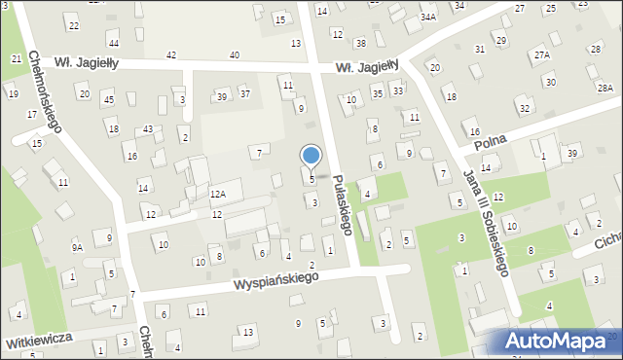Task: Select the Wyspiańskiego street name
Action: pyautogui.click(x=276, y=279)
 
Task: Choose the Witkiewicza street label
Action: pyautogui.click(x=39, y=344)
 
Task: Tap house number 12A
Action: pyautogui.click(x=218, y=195)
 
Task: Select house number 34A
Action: pyautogui.click(x=428, y=18)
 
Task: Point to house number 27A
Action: pyautogui.click(x=541, y=55)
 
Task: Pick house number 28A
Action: pyautogui.click(x=605, y=89)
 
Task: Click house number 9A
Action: pyautogui.click(x=77, y=248)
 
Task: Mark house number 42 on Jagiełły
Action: pyautogui.click(x=171, y=55)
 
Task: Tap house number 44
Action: pyautogui.click(x=114, y=44)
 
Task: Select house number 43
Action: pyautogui.click(x=147, y=129)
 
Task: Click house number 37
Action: pyautogui.click(x=245, y=93)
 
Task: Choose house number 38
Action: pyautogui.click(x=360, y=43)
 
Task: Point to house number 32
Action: pyautogui.click(x=525, y=108)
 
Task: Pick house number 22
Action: pyautogui.click(x=72, y=22)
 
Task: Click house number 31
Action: pyautogui.click(x=480, y=49)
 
